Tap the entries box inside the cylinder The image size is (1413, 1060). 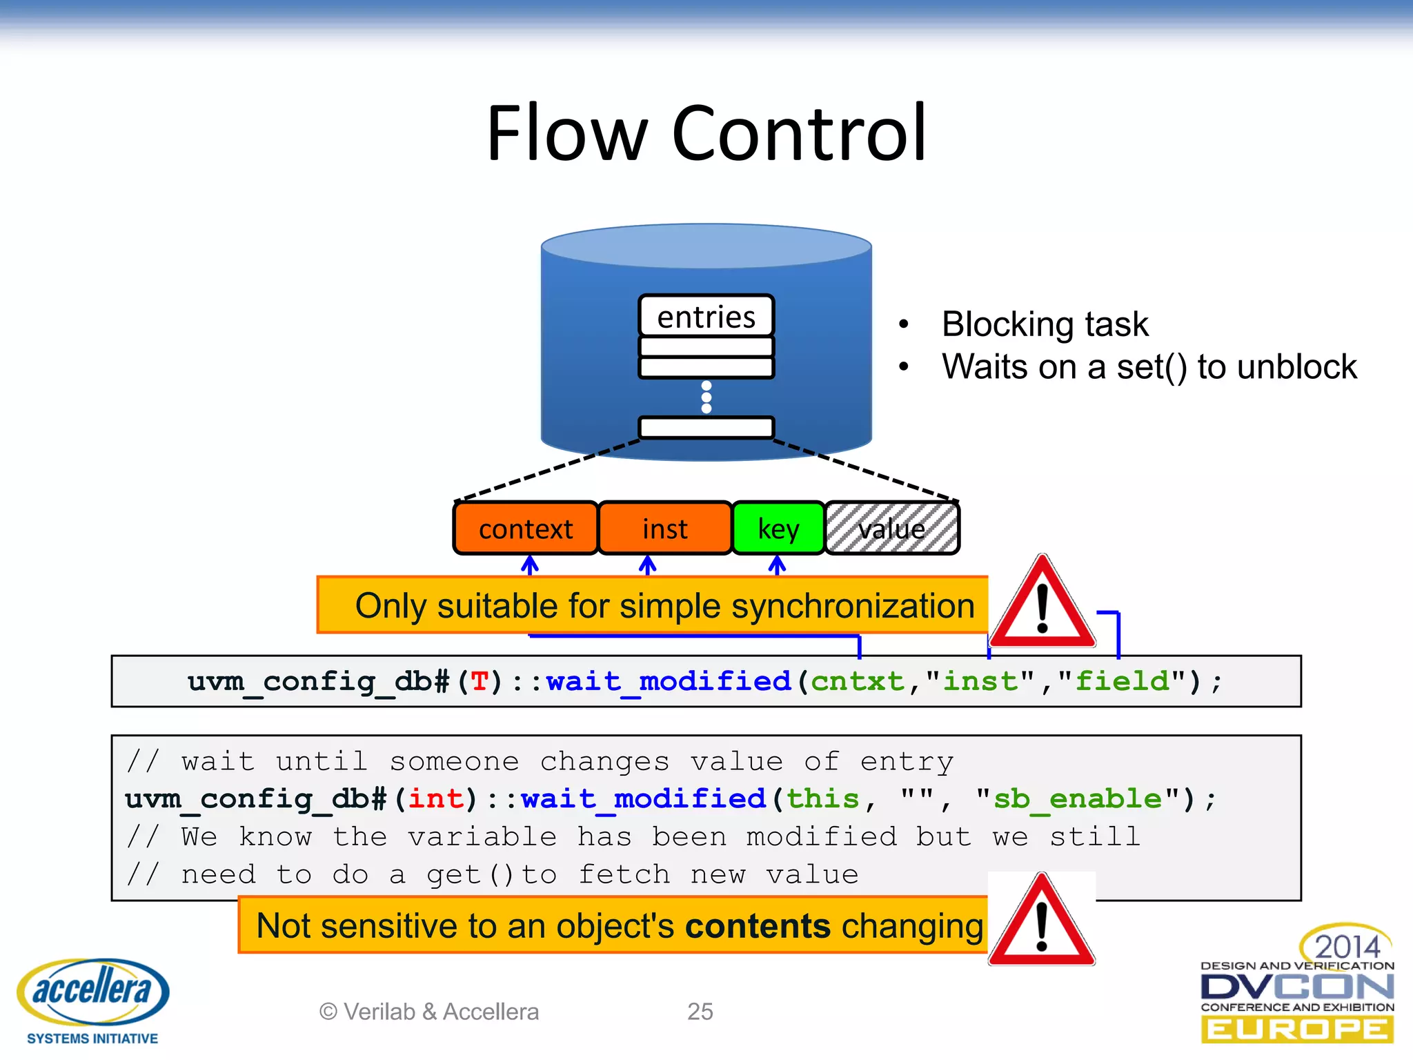coord(706,317)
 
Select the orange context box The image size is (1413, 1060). coord(526,529)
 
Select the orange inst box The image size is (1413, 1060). coord(664,529)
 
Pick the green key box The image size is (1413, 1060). coord(778,529)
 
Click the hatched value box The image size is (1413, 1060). coord(892,529)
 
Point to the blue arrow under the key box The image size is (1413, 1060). coord(778,566)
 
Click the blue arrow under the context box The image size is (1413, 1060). coord(529,566)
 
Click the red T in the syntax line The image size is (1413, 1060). coord(480,682)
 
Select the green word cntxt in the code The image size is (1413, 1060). coord(857,682)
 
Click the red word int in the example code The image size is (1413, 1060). coord(436,799)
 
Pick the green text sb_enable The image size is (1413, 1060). coord(1077,799)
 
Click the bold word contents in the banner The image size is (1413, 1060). coord(758,926)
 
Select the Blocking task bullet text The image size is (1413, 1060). coord(1045,324)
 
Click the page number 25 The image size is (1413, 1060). coord(700,1012)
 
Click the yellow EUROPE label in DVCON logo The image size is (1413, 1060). coord(1297,1030)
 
